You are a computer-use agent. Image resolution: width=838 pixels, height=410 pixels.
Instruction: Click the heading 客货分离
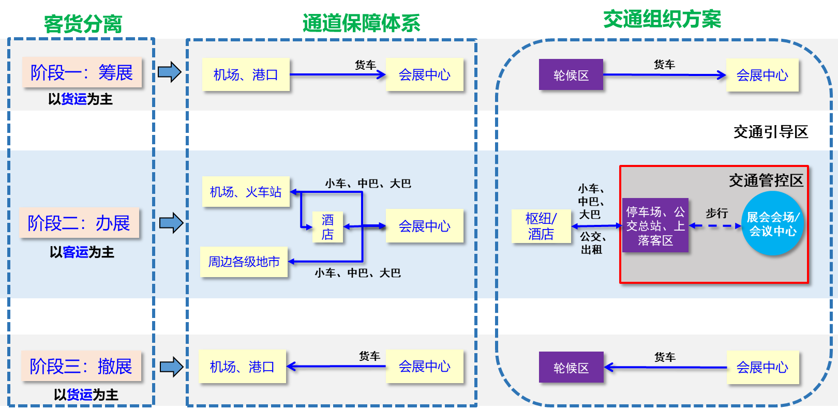pos(83,24)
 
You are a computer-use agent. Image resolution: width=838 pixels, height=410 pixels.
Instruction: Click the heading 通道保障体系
pos(361,23)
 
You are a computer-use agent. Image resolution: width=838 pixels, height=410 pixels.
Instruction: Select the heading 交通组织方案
pos(662,19)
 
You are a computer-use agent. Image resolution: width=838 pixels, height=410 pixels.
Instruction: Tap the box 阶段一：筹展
pos(82,72)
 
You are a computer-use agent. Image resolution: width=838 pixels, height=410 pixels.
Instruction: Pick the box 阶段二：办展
pos(79,223)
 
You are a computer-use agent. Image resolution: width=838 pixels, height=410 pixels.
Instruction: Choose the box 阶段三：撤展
pos(81,366)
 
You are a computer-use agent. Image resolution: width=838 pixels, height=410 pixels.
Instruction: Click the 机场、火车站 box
pos(246,192)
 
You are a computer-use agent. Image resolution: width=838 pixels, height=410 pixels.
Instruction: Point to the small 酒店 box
pos(327,227)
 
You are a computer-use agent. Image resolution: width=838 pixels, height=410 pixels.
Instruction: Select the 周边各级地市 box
pos(244,262)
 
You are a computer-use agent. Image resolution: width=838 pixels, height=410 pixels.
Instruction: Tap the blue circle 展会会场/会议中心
pos(773,223)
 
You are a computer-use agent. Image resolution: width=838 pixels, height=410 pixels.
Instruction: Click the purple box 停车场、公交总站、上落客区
pos(655,225)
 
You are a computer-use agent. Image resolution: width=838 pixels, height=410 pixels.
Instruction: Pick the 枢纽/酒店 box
pos(541,226)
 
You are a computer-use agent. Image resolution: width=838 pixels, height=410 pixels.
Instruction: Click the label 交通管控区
pos(766,180)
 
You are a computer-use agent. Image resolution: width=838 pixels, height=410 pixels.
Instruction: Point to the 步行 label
pos(716,213)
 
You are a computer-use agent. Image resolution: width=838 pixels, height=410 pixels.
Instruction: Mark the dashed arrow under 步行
pos(716,226)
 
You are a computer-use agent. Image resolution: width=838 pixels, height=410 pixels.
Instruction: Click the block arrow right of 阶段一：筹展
pos(169,72)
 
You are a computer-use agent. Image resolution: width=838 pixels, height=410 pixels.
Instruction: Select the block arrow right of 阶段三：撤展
pos(171,367)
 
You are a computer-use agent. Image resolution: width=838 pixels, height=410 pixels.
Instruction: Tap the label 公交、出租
pos(592,243)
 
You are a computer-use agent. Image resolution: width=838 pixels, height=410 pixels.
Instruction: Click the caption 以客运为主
pos(82,252)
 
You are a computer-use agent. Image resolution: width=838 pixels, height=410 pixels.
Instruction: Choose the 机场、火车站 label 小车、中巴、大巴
pos(368,184)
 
